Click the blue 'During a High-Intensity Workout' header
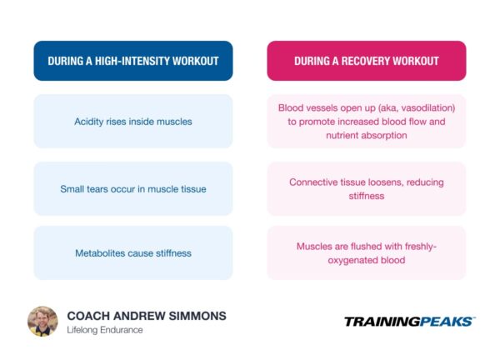click(133, 61)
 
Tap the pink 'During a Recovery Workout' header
click(366, 61)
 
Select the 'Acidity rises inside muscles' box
click(133, 122)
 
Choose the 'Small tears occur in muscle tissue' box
click(133, 188)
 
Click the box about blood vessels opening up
click(366, 122)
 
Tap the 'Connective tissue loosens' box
click(366, 188)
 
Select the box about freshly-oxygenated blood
click(366, 252)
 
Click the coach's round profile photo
click(42, 321)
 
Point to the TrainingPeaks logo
click(409, 321)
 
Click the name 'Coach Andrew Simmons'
click(147, 316)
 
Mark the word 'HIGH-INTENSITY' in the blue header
click(139, 61)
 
